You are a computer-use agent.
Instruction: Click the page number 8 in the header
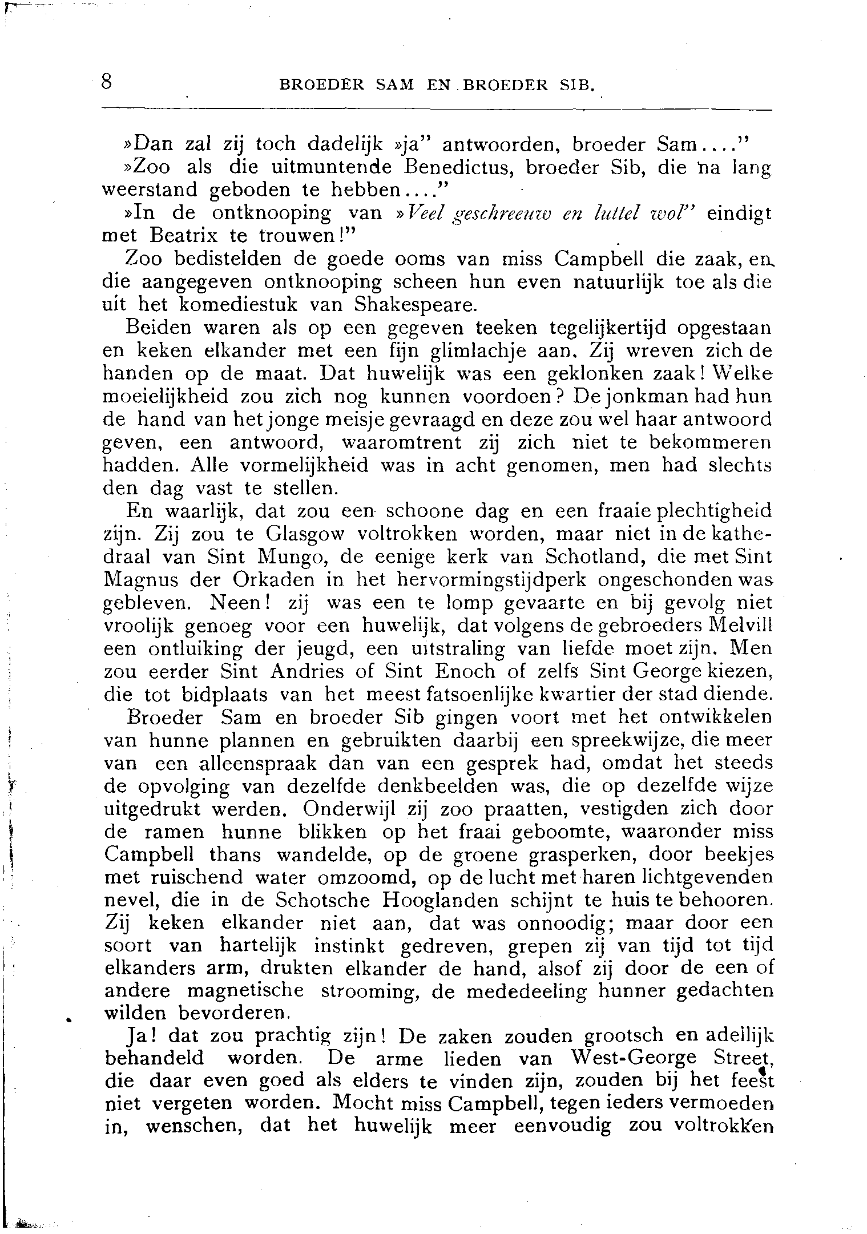tap(106, 82)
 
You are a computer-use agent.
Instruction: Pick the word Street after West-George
tap(743, 1058)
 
